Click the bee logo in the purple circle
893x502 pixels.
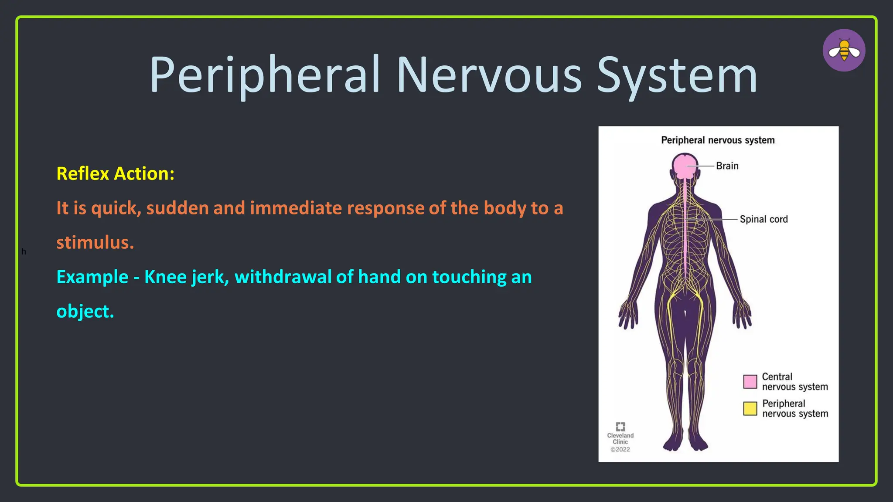coord(844,51)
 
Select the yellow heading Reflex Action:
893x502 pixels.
coord(116,173)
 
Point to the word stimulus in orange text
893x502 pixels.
coord(94,242)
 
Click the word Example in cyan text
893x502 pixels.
coord(92,277)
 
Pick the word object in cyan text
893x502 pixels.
coord(84,311)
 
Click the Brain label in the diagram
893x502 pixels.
coord(727,166)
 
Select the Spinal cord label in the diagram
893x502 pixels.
coord(763,219)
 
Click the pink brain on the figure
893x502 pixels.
coord(685,166)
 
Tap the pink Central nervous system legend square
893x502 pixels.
coord(750,381)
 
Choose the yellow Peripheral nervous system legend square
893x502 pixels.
coord(750,408)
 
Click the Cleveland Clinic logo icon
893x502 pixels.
coord(620,426)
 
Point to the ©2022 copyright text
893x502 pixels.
coord(620,449)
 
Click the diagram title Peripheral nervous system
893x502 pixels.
coord(718,140)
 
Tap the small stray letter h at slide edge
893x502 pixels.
coord(24,251)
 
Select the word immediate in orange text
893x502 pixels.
coord(296,208)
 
